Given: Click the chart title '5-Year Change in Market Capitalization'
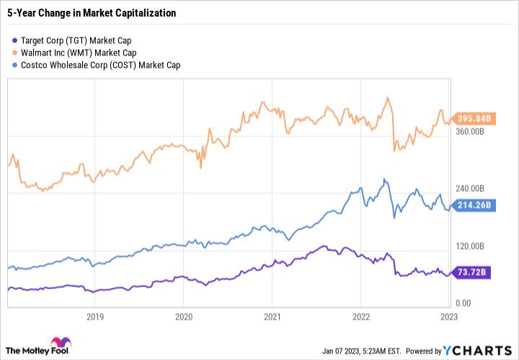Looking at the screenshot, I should [x=91, y=13].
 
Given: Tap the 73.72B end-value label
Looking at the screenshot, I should [x=471, y=271].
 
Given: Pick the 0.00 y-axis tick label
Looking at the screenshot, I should [x=464, y=303].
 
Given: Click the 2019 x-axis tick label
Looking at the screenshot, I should [x=95, y=316].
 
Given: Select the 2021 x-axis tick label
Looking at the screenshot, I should [x=272, y=316].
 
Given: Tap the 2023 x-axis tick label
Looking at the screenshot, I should [x=448, y=316].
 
